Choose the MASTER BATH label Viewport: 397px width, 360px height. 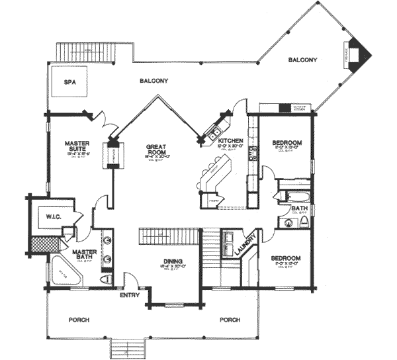[85, 255]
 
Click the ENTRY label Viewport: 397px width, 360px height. [129, 294]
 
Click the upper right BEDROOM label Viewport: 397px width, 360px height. [287, 142]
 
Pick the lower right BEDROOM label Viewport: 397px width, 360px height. [286, 257]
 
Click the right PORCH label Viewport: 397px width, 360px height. [230, 320]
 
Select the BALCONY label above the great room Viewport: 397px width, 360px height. [154, 81]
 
